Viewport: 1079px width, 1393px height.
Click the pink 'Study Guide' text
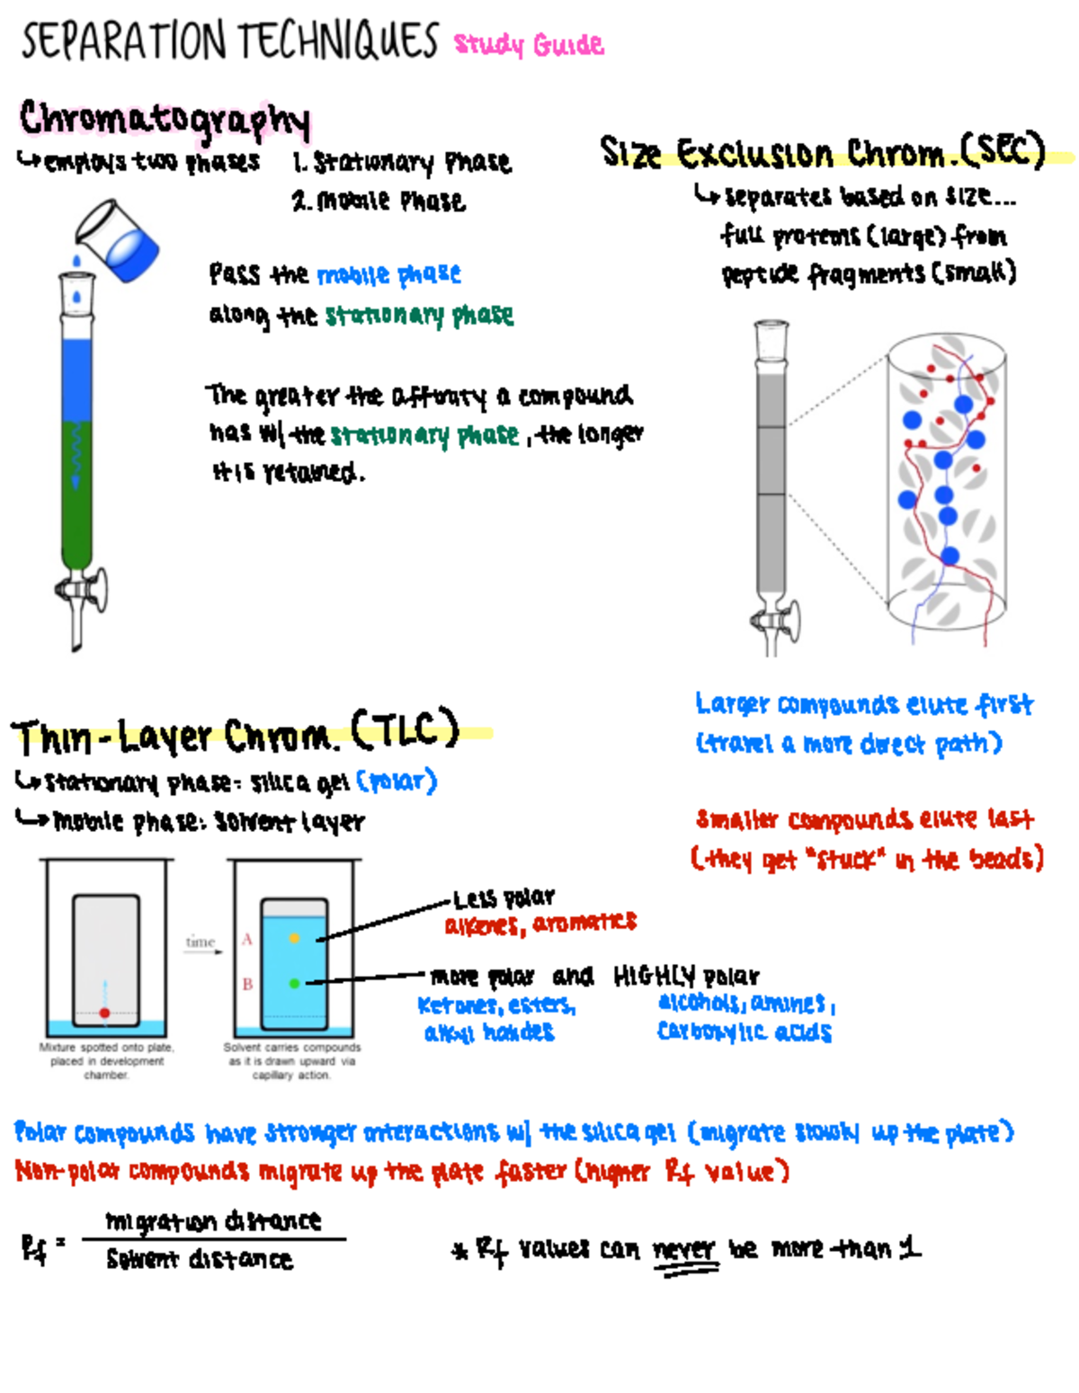529,44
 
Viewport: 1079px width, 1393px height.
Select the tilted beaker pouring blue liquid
118,240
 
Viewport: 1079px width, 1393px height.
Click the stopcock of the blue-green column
82,590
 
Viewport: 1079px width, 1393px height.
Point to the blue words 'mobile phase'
388,274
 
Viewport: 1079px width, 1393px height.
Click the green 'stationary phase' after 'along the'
419,316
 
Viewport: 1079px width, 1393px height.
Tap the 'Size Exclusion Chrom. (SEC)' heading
822,152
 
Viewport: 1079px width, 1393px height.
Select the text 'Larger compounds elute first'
863,704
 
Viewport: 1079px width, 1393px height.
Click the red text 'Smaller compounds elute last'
865,819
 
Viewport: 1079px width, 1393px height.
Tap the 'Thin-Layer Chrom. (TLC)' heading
236,736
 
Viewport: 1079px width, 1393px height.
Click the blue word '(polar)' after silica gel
397,781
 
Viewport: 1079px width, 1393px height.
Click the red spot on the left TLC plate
105,1013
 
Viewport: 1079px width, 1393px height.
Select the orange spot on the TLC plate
294,938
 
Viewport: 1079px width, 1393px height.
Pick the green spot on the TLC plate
294,983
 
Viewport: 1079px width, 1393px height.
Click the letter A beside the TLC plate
247,939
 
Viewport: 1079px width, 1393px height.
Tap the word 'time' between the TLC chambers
200,942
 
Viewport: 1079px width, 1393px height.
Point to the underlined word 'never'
683,1250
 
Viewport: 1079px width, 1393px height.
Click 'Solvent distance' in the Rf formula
199,1259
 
